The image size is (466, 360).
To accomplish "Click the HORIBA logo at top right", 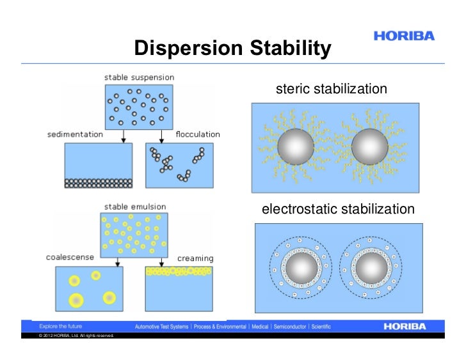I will click(x=404, y=36).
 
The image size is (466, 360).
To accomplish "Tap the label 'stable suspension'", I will click(x=139, y=77).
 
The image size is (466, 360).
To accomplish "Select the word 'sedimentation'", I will click(x=75, y=134).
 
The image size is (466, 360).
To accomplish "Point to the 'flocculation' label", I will click(x=198, y=134).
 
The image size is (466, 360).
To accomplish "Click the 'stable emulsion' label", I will click(x=135, y=207).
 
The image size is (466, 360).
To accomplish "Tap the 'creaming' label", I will click(x=195, y=258).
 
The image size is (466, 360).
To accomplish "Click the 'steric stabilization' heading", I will click(x=331, y=89).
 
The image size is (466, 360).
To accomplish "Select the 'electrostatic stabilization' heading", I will click(x=338, y=209).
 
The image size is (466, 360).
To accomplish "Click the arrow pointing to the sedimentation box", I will click(x=122, y=136).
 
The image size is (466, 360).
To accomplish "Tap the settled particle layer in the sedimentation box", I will click(x=99, y=183).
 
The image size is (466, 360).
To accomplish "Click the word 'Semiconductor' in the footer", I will click(x=290, y=326).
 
